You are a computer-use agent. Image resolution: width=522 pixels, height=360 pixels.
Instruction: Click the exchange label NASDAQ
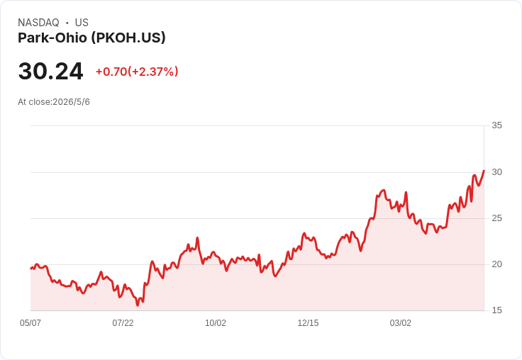[38, 23]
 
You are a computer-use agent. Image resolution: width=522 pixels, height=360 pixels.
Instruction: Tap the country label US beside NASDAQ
[82, 23]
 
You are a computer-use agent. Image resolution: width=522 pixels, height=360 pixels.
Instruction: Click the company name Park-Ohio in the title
[52, 38]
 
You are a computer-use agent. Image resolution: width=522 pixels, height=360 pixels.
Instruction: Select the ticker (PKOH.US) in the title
[128, 38]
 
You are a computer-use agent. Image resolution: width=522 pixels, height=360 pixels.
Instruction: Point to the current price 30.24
[50, 71]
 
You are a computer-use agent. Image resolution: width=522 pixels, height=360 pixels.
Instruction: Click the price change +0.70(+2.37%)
[137, 72]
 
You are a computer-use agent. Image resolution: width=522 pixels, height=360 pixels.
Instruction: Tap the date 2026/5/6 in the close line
[71, 102]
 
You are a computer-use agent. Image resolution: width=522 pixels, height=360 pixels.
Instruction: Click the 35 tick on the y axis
[496, 125]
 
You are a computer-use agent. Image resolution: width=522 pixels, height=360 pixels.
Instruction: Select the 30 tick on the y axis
[496, 172]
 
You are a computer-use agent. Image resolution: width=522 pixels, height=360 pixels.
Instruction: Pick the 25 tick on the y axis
[496, 218]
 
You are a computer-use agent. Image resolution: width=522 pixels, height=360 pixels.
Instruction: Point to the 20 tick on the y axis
[496, 264]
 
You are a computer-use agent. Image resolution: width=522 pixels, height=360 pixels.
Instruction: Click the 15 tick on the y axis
[496, 310]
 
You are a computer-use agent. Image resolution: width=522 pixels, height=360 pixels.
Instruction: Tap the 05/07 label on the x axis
[30, 323]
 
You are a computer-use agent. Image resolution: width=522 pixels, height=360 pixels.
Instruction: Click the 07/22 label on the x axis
[123, 323]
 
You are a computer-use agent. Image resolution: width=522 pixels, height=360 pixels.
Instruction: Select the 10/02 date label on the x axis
[216, 323]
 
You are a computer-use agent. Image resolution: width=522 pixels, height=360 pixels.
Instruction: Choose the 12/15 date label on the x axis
[308, 323]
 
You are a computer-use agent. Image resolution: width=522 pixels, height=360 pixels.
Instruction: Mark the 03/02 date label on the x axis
[401, 323]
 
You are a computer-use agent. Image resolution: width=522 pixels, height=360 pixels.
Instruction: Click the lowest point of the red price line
[138, 305]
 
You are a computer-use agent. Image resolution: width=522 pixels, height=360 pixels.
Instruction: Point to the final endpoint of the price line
[484, 170]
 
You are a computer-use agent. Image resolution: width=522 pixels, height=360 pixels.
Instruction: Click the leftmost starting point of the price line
[31, 268]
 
